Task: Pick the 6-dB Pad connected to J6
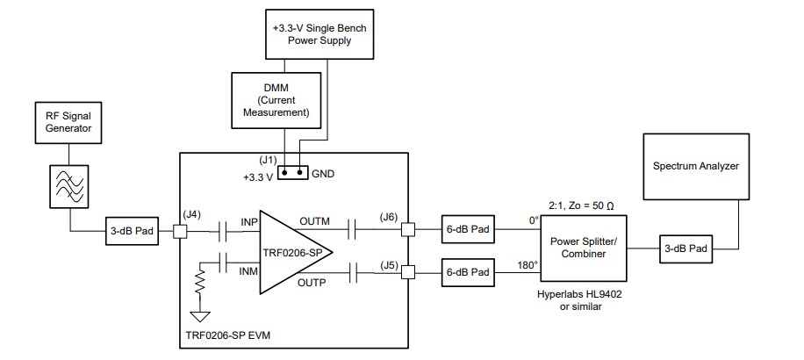point(468,230)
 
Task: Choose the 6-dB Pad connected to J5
point(468,273)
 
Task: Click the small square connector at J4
point(180,232)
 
